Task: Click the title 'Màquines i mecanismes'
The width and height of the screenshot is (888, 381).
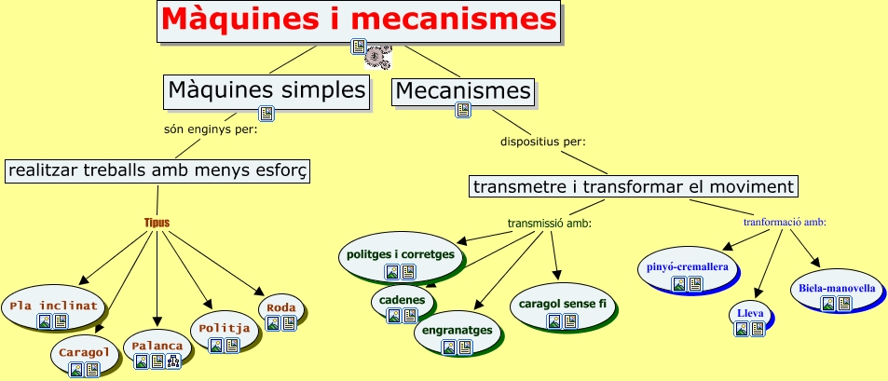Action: coord(359,20)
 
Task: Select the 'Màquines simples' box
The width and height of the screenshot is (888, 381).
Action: coord(266,91)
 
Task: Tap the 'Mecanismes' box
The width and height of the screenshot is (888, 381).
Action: coord(463,91)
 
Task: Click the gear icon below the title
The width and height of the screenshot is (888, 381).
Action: coord(377,57)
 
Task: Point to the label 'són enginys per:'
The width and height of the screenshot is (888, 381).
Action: coord(211,129)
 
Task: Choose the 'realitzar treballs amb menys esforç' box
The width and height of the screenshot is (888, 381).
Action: coord(158,170)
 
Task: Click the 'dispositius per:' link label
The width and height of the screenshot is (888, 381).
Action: coord(542,141)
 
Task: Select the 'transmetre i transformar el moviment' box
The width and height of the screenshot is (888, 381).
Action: coord(633,186)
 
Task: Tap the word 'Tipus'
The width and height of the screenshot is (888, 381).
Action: coord(157,223)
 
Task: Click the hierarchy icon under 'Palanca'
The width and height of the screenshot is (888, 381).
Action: coord(173,361)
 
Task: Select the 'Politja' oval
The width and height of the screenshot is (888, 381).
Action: coord(225,333)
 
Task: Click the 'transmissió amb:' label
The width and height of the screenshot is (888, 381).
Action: coord(550,224)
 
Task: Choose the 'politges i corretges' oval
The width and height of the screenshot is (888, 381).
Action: coord(401,258)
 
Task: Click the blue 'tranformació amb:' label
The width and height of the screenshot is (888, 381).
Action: coord(785,223)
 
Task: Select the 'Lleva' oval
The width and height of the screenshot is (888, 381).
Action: coord(750,320)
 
